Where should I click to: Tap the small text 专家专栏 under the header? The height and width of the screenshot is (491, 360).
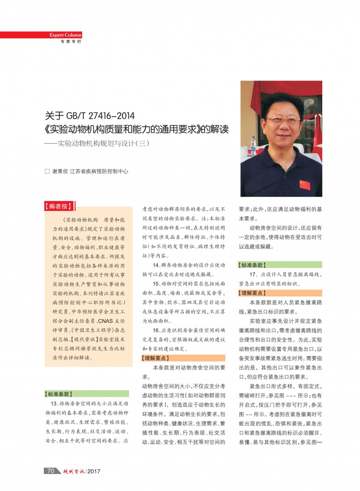point(71,42)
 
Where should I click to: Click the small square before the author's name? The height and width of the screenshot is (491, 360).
point(47,171)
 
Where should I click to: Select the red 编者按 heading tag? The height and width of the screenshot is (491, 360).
point(58,206)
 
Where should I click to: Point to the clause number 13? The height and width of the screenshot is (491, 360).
point(55,403)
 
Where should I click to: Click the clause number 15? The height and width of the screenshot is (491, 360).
point(156,283)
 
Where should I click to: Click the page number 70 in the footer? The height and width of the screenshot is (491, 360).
point(51,471)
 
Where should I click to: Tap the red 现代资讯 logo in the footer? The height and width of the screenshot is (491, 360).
point(73,471)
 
